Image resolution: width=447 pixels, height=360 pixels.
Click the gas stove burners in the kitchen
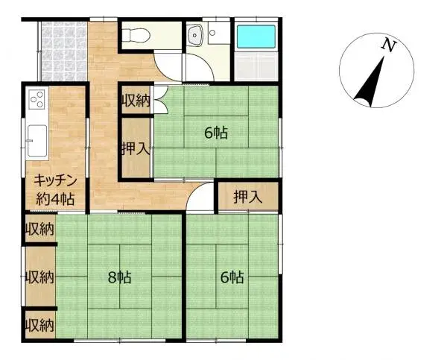(x=37, y=100)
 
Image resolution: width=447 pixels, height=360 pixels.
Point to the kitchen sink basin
(x=37, y=139)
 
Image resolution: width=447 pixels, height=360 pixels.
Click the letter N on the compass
(x=387, y=45)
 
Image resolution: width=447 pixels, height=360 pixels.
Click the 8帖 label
(x=118, y=277)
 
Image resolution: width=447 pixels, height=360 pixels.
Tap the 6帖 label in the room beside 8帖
(x=231, y=277)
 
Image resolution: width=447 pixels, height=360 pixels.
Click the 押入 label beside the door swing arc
(x=247, y=197)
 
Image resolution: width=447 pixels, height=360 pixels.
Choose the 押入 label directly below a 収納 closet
(x=136, y=148)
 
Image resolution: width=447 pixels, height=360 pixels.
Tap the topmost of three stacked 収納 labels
(x=39, y=228)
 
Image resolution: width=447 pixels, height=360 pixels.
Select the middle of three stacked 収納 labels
(x=39, y=277)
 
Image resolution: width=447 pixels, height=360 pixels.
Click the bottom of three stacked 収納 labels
(x=39, y=325)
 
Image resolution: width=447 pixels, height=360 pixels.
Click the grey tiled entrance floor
(x=63, y=51)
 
